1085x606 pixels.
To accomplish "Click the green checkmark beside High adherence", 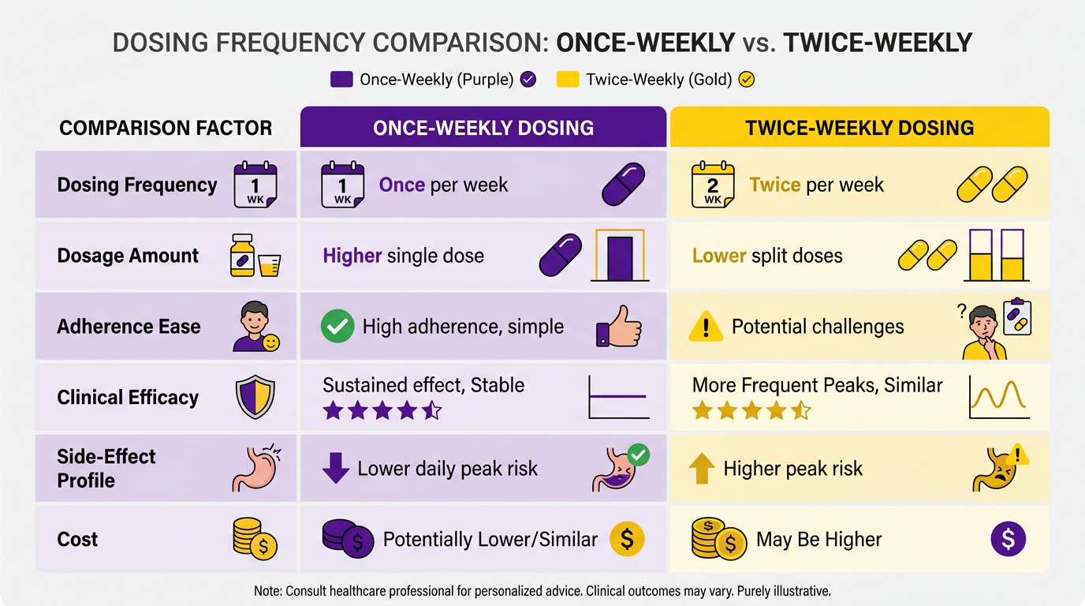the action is pos(337,326).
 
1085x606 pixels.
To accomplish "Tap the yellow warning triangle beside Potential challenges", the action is pos(706,326).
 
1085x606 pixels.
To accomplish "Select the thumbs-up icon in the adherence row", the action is pos(619,326).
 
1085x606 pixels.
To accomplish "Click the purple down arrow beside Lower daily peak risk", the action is pos(336,469).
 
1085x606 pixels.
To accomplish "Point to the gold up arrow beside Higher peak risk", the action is pos(702,469).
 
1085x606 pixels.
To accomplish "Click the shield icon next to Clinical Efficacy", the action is pos(255,397).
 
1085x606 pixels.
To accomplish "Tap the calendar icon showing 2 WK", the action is pos(713,185).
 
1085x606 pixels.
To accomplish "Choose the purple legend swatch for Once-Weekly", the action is pos(341,79).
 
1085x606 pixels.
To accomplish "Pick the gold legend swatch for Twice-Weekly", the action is pos(568,79).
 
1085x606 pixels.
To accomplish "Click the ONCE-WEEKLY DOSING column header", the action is pos(483,128).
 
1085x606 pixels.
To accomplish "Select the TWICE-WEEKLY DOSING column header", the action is pos(859,128).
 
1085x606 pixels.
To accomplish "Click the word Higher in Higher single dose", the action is pos(352,256).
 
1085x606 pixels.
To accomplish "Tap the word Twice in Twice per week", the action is pos(775,185).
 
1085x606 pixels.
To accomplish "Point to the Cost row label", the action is pos(77,539).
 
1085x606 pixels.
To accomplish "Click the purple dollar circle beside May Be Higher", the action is pos(1008,539).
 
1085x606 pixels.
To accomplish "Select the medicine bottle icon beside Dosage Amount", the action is pos(242,256).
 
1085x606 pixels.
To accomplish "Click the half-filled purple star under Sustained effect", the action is pos(431,410).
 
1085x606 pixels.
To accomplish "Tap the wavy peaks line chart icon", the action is pos(999,397).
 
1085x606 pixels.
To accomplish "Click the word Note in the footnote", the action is pos(267,591).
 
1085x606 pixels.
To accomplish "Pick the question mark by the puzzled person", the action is pos(962,311).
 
